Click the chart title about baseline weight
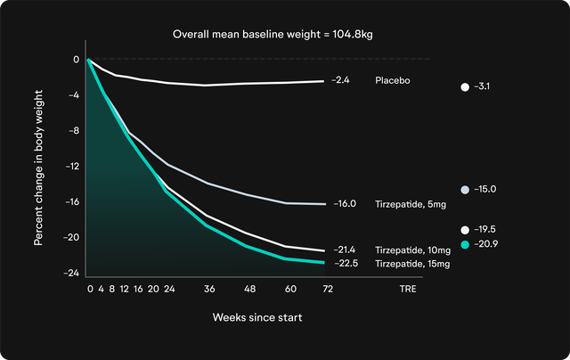(284, 34)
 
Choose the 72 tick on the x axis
(327, 290)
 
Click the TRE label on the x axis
(407, 290)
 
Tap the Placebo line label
(393, 80)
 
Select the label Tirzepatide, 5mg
(411, 204)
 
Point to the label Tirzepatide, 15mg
(413, 264)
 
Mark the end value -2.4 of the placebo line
(339, 80)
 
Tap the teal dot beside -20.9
(465, 243)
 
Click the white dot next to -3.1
(465, 87)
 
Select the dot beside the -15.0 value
(465, 190)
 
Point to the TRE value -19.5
(487, 229)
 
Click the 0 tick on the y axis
(76, 59)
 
